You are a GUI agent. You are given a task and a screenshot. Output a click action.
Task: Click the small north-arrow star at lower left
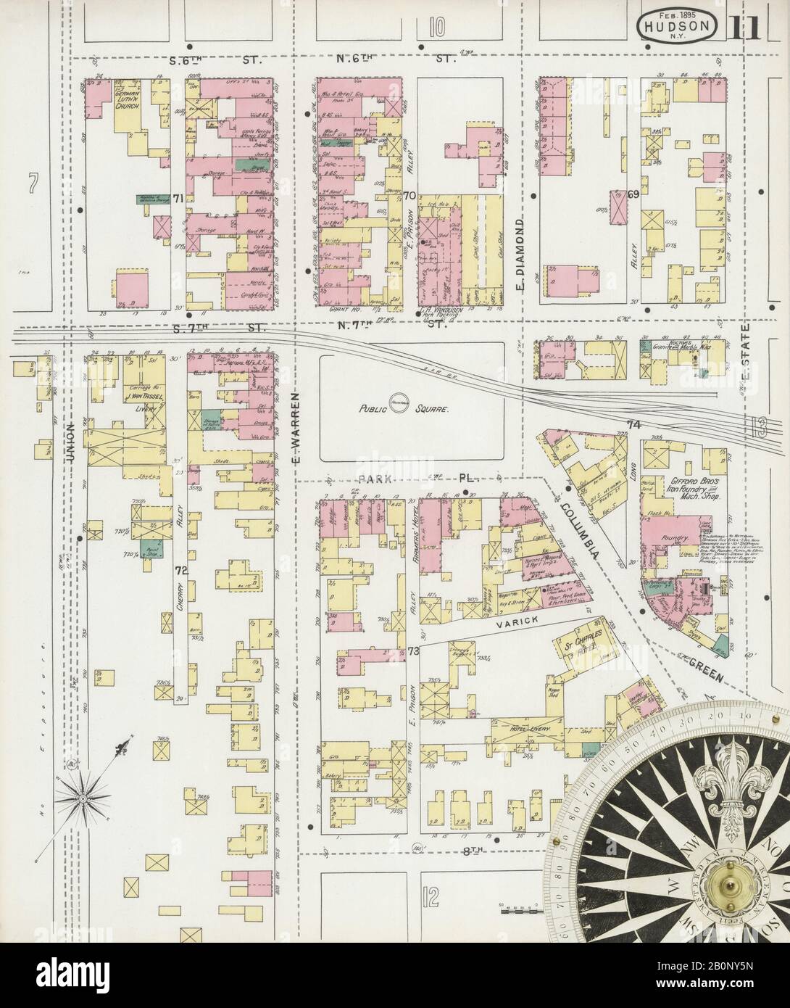coord(85,797)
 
